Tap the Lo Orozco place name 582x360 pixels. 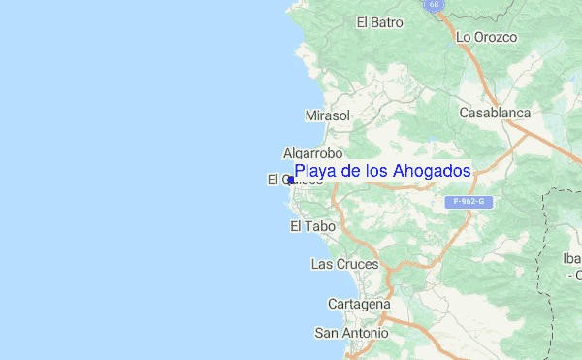pyautogui.click(x=487, y=37)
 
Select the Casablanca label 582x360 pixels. pyautogui.click(x=495, y=113)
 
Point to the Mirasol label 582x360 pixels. pyautogui.click(x=327, y=115)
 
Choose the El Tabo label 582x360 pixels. pyautogui.click(x=312, y=226)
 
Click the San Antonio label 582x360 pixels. pyautogui.click(x=351, y=333)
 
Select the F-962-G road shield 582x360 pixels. pyautogui.click(x=469, y=202)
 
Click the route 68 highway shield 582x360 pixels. pyautogui.click(x=433, y=5)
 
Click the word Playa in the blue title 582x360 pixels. pyautogui.click(x=313, y=172)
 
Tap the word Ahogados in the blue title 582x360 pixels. pyautogui.click(x=434, y=172)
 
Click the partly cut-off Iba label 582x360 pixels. pyautogui.click(x=572, y=258)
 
